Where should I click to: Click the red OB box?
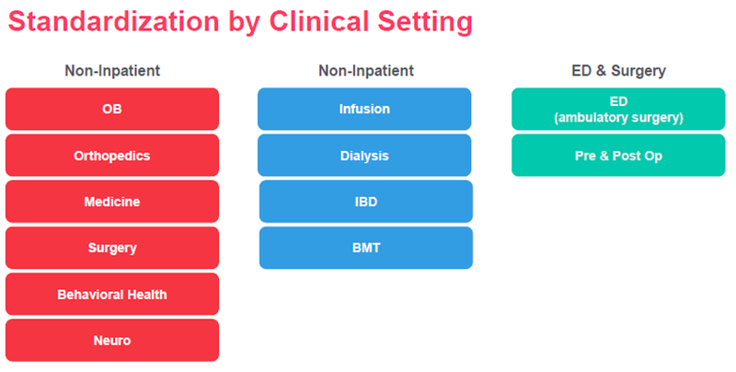pos(112,109)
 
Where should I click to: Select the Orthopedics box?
pos(112,156)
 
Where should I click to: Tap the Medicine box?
pos(112,202)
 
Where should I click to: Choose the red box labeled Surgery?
pos(112,248)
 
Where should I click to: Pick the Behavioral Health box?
pos(112,295)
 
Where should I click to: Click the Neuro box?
pos(112,341)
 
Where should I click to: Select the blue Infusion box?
pos(364,109)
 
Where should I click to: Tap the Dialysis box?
pos(364,156)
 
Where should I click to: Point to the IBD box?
pos(366,202)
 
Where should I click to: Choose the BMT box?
pos(366,248)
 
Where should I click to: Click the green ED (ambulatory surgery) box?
pos(618,109)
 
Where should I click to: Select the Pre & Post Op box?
pos(618,156)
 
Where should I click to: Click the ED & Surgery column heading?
pos(618,71)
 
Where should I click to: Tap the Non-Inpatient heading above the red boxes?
pos(112,71)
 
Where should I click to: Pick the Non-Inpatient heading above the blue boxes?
pos(366,71)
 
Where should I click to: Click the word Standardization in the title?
pos(114,21)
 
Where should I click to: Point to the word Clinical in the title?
pos(318,21)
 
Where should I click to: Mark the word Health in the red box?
pos(145,295)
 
